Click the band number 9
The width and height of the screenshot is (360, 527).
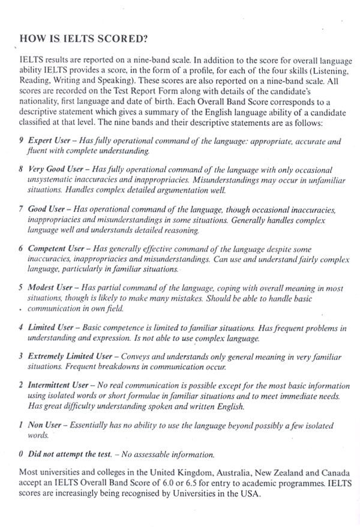(x=21, y=141)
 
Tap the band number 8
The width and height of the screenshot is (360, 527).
(x=21, y=170)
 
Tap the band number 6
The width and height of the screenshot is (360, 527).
(x=21, y=248)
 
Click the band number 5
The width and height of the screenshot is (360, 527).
(x=21, y=288)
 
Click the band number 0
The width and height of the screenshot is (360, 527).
(x=21, y=453)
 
